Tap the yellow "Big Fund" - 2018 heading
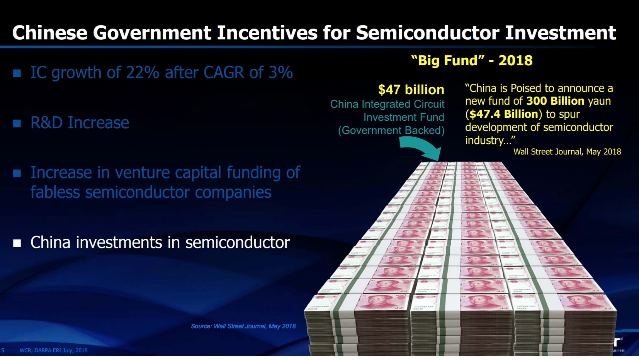(x=472, y=61)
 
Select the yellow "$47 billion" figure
(x=411, y=90)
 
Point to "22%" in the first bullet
(x=143, y=73)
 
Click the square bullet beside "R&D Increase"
(x=17, y=123)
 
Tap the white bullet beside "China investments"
(x=17, y=243)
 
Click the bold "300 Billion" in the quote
(x=556, y=101)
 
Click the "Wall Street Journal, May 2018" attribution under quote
(x=567, y=152)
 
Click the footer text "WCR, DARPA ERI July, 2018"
(x=53, y=350)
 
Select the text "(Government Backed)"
(x=391, y=131)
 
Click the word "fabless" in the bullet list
(x=55, y=192)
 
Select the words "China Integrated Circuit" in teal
(x=387, y=104)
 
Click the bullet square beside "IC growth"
(x=17, y=73)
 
